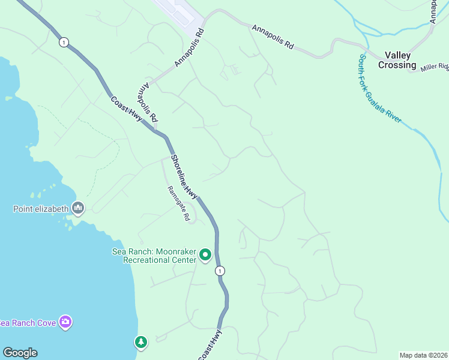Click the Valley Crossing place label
tap(397, 60)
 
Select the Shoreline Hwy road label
tap(184, 177)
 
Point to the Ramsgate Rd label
tap(178, 203)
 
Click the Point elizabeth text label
tap(41, 209)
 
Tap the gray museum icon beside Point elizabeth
tap(78, 208)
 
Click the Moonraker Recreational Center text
tap(155, 256)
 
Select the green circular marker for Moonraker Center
tap(205, 256)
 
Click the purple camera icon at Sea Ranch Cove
tap(65, 322)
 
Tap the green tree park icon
tap(140, 341)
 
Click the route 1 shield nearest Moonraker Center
tap(220, 271)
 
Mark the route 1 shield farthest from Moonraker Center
tap(64, 41)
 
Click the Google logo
tap(20, 353)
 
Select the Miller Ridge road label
tap(435, 67)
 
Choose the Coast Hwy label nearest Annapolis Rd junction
tap(127, 108)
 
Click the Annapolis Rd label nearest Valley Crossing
tap(273, 37)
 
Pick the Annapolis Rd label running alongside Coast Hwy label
tap(147, 103)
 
